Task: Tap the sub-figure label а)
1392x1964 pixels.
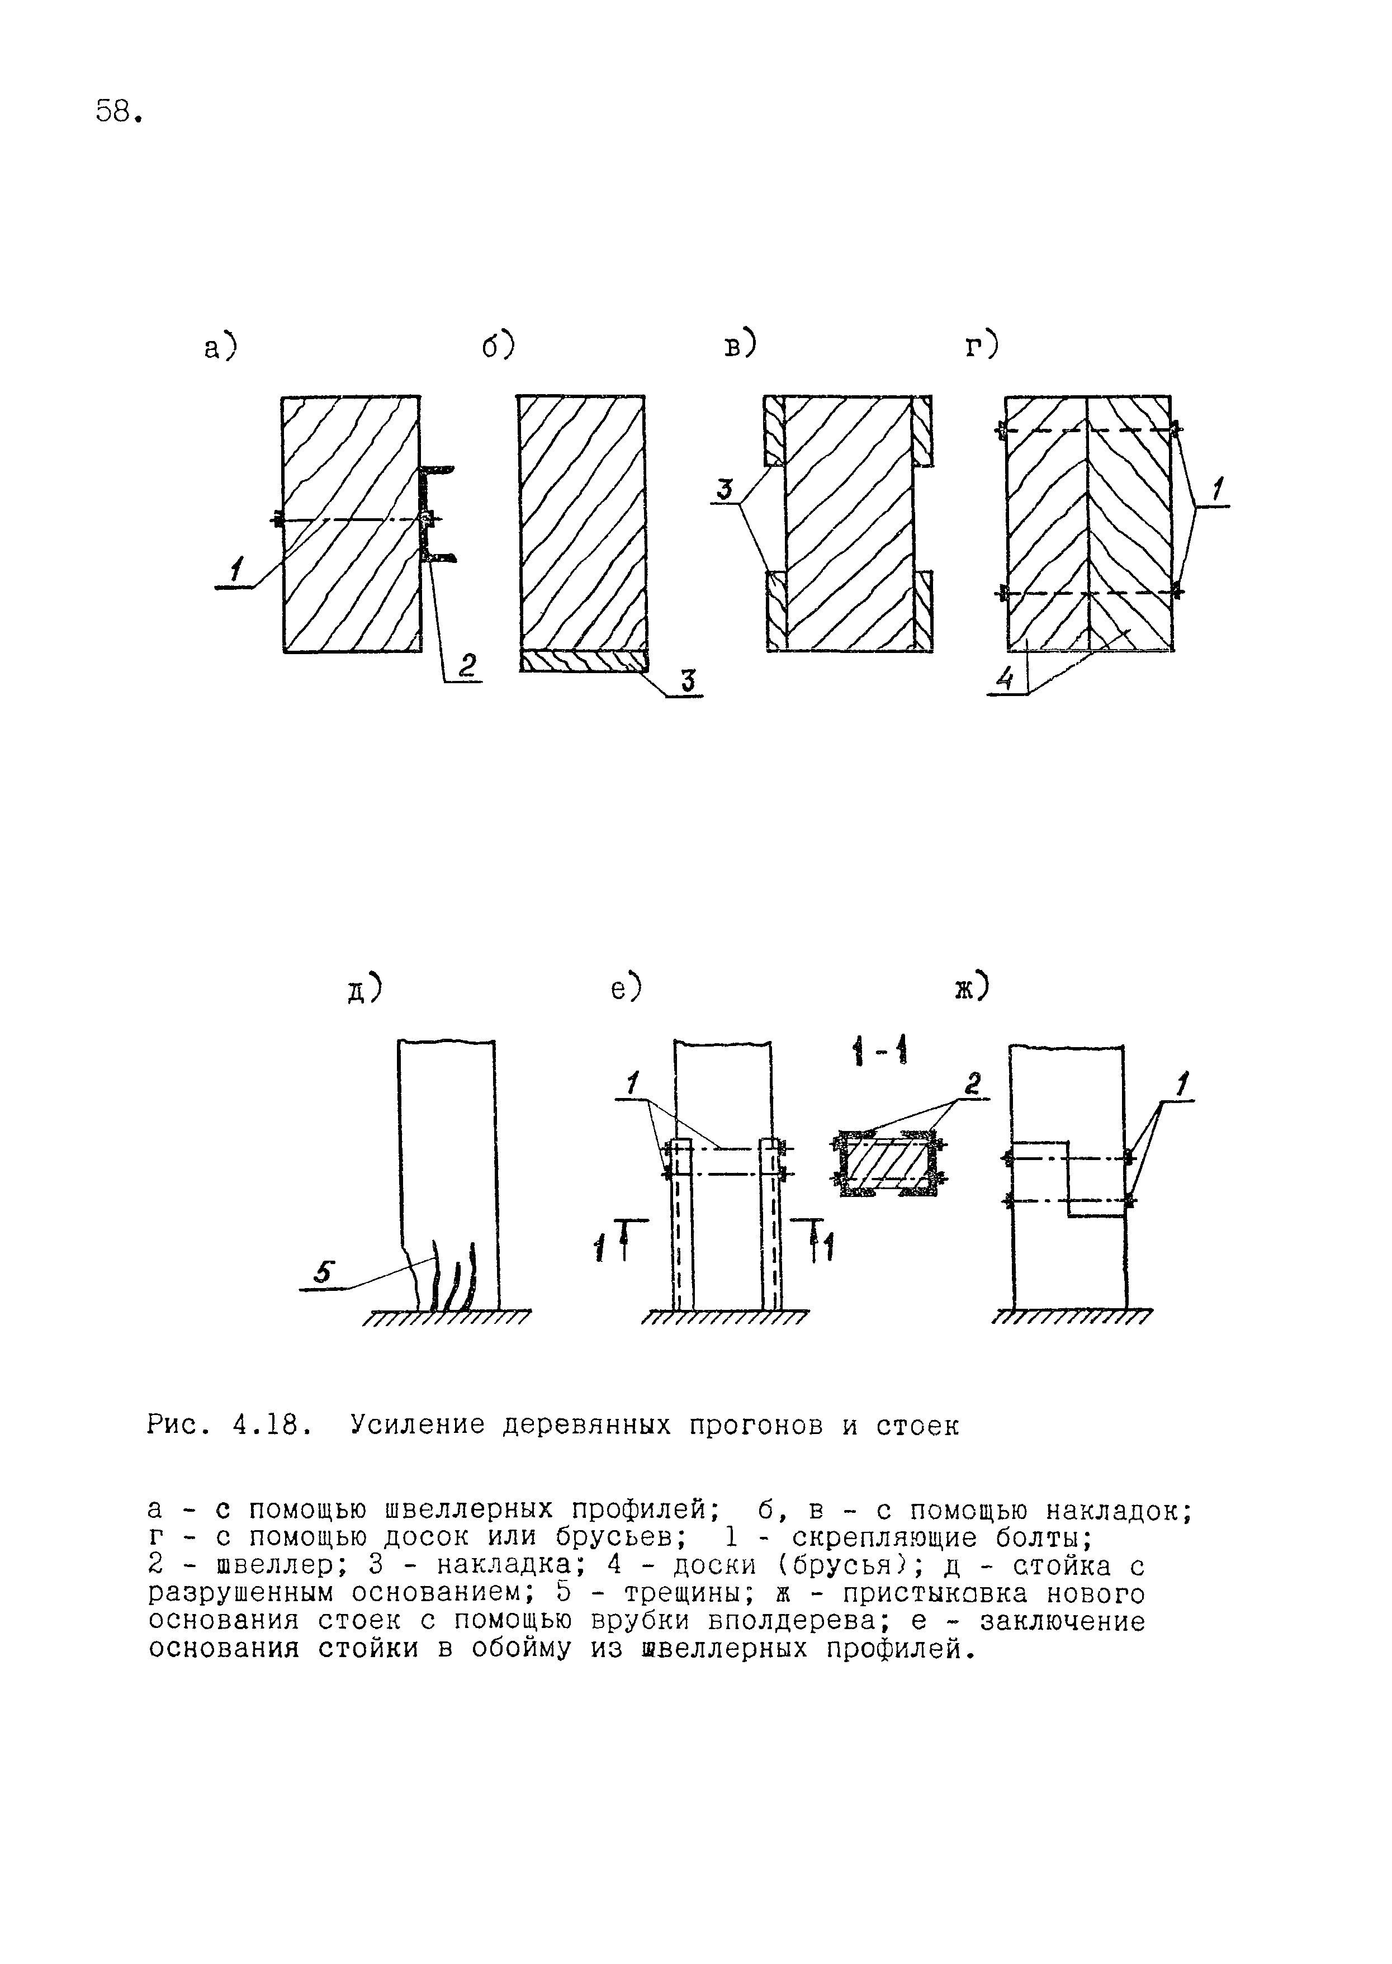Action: pyautogui.click(x=220, y=348)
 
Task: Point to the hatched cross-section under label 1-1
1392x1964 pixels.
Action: pyautogui.click(x=889, y=1164)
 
